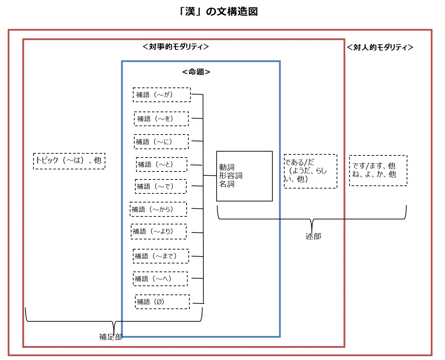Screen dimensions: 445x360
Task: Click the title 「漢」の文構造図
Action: (x=218, y=12)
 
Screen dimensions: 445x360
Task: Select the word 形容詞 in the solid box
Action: (x=231, y=176)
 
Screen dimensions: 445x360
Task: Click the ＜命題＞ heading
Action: (x=196, y=72)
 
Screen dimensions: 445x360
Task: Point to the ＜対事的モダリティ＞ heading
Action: (x=175, y=47)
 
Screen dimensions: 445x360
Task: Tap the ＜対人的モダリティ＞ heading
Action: (x=380, y=47)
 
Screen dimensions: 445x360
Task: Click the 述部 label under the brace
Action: (x=313, y=236)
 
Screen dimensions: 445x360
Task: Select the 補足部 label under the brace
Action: (x=111, y=337)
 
